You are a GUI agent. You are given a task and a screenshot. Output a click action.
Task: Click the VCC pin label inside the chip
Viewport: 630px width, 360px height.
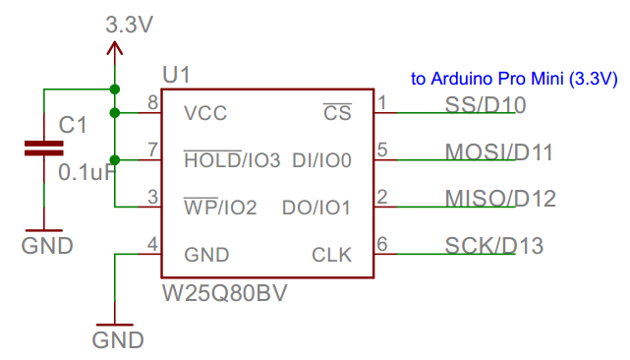click(205, 113)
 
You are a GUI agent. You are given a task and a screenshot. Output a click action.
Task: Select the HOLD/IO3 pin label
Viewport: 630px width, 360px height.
click(232, 159)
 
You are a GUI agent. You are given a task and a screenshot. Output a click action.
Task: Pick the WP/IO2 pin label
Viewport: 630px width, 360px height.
click(220, 208)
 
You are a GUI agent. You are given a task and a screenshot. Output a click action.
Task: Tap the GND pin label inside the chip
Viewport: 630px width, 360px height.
click(206, 255)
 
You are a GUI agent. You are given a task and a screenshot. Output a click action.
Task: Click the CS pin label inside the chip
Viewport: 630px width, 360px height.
click(336, 113)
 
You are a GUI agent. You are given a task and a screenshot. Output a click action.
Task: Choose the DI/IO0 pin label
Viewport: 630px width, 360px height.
click(321, 159)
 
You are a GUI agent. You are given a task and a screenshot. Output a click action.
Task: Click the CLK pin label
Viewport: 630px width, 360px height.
click(331, 255)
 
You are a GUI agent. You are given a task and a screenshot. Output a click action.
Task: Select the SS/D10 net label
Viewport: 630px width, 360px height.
click(486, 104)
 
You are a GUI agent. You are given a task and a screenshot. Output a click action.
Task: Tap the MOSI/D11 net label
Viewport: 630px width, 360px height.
click(498, 151)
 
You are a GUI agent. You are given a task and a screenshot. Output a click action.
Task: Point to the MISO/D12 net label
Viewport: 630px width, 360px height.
click(500, 199)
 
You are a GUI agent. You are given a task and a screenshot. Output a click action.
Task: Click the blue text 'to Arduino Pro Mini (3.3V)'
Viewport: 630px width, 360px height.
click(514, 78)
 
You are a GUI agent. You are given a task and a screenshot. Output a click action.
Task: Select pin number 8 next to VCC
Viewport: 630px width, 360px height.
click(152, 102)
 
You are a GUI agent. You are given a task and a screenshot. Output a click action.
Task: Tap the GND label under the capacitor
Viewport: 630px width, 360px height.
click(47, 246)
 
